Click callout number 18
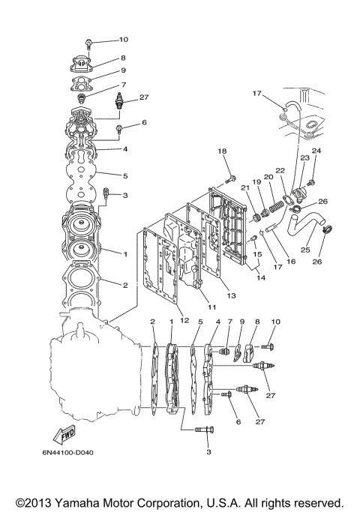pyautogui.click(x=222, y=151)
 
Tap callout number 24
pyautogui.click(x=316, y=151)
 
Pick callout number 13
pyautogui.click(x=231, y=295)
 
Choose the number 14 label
pyautogui.click(x=259, y=278)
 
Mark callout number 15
pyautogui.click(x=258, y=255)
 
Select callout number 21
pyautogui.click(x=244, y=187)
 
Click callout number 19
pyautogui.click(x=256, y=182)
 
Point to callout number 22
pyautogui.click(x=280, y=171)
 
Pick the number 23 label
pyautogui.click(x=305, y=158)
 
